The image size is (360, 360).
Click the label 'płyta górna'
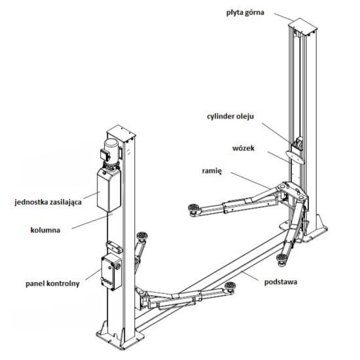pos(245,13)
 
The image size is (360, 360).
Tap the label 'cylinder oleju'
pos(230,117)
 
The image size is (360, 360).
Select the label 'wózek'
pos(243,148)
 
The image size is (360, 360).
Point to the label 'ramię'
pos(212,171)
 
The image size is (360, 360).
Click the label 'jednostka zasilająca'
pos(48,202)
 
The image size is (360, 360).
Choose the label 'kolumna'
pos(45,230)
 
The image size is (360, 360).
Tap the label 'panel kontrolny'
pos(52,283)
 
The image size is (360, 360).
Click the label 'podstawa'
pos(281,281)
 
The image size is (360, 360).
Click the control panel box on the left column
pos(111,272)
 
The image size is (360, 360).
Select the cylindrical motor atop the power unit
pos(112,149)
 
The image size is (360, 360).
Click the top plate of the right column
pos(303,26)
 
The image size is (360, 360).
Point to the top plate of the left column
pos(122,133)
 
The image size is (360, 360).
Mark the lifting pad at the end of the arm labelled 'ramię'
pos(194,209)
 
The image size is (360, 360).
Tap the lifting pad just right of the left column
pos(143,236)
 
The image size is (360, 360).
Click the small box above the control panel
pos(115,246)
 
